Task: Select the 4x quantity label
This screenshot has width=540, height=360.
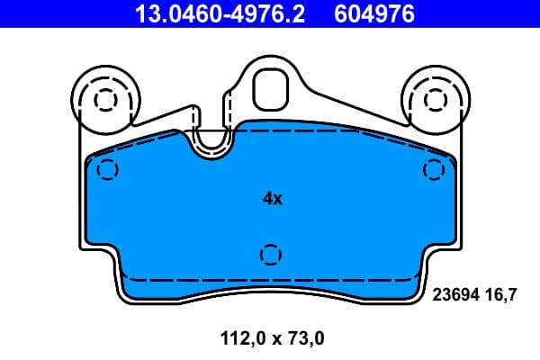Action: coord(272,199)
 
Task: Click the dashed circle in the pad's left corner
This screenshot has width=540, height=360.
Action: coord(107,169)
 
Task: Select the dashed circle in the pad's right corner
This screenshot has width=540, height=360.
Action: coord(434,169)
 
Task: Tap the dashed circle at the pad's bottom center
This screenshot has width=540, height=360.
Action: coord(270,255)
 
